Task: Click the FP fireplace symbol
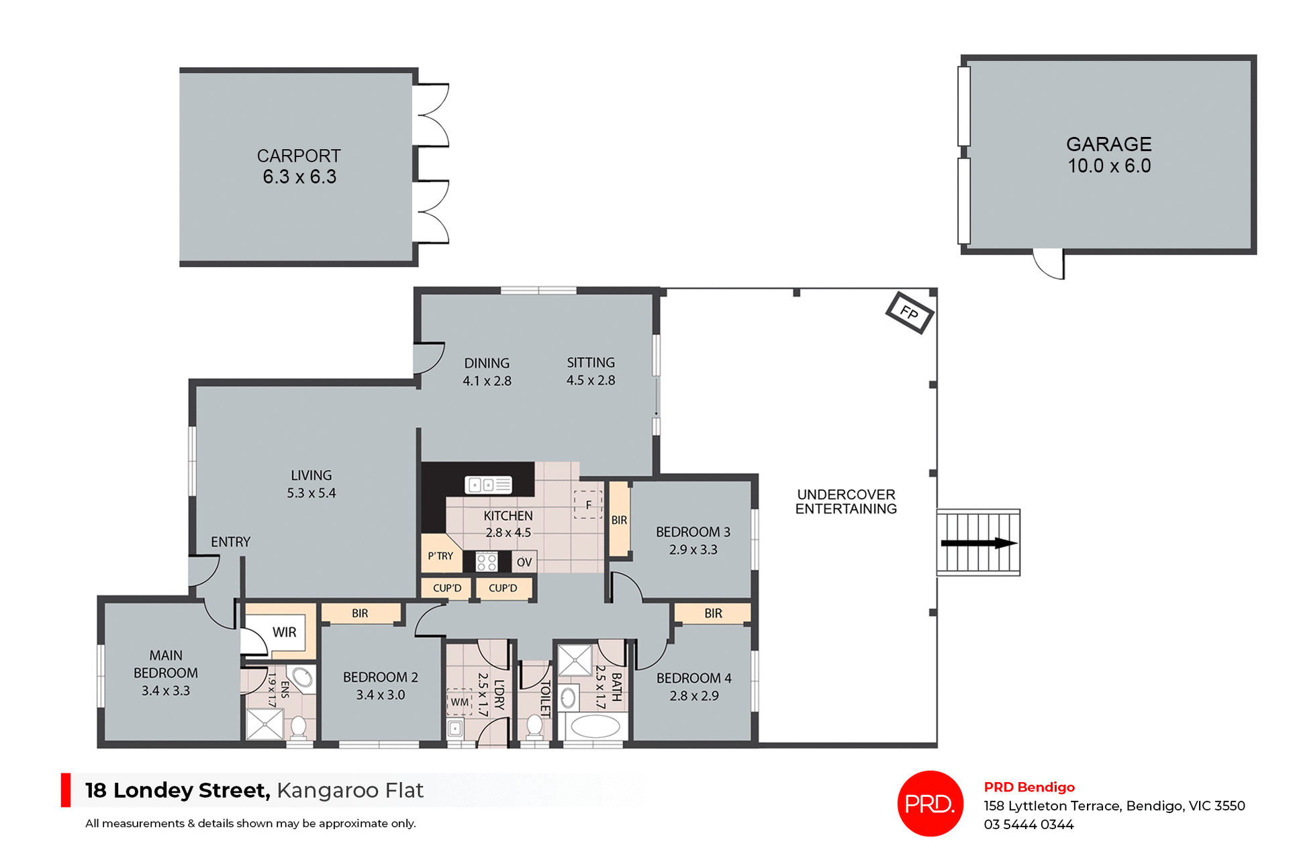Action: tap(909, 313)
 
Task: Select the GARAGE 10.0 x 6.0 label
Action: tap(1108, 155)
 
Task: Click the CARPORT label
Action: tap(299, 156)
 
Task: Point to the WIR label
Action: tap(284, 632)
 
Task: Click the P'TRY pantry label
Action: tap(440, 556)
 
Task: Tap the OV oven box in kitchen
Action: tap(524, 562)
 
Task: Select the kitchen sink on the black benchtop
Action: tap(488, 484)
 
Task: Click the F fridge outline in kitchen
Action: tap(588, 505)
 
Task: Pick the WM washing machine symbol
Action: tap(460, 702)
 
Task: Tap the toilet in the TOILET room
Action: tap(534, 726)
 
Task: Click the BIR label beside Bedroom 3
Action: tap(619, 520)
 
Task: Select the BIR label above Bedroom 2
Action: tap(360, 614)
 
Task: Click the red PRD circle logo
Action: tap(930, 804)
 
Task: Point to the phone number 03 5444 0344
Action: tap(1029, 824)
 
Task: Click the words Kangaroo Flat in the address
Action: tap(350, 790)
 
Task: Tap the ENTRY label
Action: tap(230, 542)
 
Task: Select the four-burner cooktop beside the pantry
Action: tap(486, 562)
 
